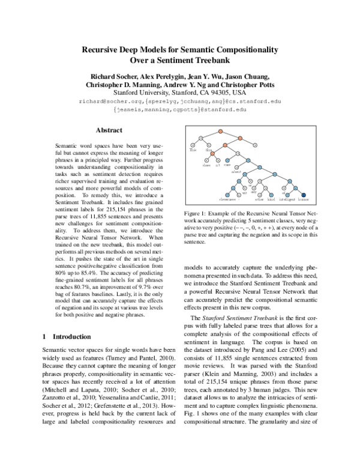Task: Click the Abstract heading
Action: pyautogui.click(x=109, y=130)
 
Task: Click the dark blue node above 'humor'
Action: pyautogui.click(x=304, y=193)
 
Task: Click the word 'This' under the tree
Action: pyautogui.click(x=193, y=150)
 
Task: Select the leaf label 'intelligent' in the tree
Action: pyautogui.click(x=286, y=199)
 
